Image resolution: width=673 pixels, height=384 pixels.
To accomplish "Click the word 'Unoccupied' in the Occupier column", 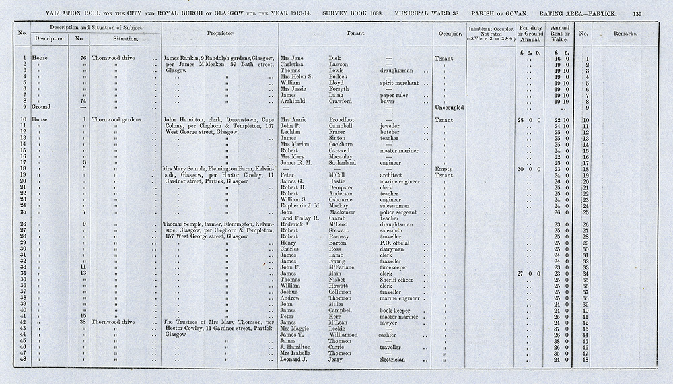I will click(x=450, y=107).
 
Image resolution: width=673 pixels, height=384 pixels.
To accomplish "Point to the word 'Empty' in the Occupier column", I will click(x=444, y=168).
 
